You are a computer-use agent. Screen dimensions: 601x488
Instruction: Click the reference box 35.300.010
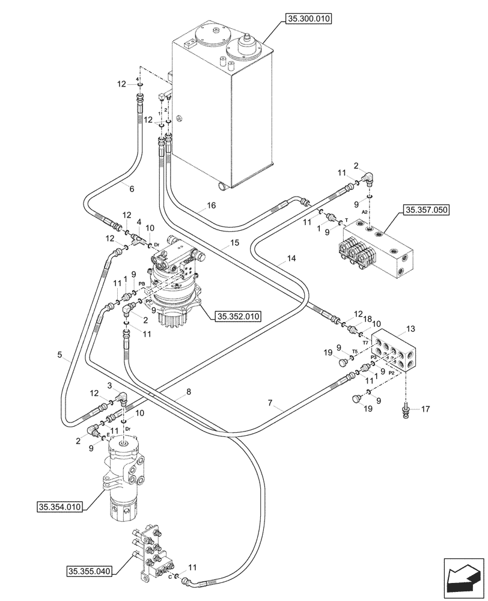tap(309, 19)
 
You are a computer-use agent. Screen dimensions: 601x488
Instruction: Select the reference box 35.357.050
tap(427, 210)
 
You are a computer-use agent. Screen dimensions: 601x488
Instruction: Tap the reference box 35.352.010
tap(238, 314)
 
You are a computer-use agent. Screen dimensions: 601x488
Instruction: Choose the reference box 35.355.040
tap(89, 570)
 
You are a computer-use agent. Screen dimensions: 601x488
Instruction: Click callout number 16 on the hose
tap(211, 206)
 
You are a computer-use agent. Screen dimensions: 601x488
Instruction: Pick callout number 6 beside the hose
tap(132, 188)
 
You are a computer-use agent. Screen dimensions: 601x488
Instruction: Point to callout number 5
tap(60, 355)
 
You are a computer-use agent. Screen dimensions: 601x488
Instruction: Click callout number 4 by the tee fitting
tap(139, 221)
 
